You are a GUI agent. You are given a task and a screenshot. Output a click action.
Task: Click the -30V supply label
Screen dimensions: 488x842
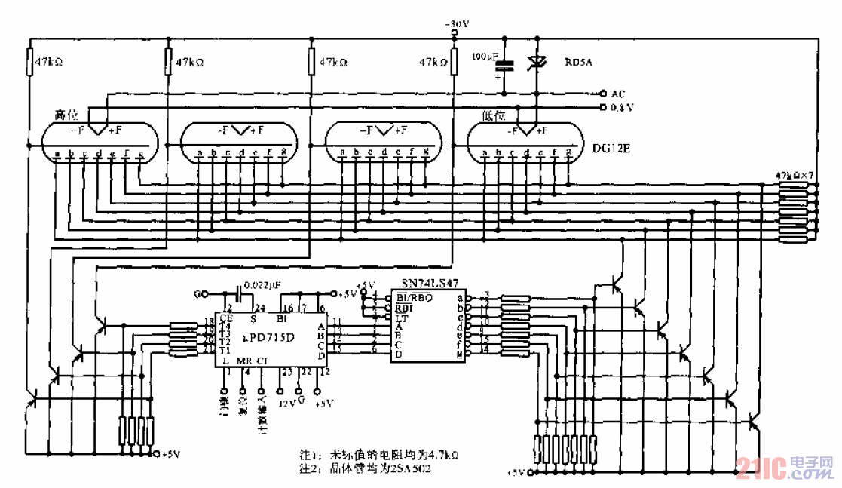(x=457, y=25)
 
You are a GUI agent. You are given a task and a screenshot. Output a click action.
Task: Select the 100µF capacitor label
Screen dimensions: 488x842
(x=484, y=56)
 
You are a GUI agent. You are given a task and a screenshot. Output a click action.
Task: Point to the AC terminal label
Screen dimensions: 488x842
(x=617, y=94)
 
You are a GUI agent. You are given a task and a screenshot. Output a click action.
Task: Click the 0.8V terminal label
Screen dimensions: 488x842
(x=622, y=108)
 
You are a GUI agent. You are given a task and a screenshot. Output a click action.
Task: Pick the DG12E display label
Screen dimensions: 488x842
(x=611, y=150)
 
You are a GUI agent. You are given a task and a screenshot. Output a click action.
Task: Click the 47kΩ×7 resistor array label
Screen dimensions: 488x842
(x=795, y=175)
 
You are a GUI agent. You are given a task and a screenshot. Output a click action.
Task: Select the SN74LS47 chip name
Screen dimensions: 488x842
(x=427, y=284)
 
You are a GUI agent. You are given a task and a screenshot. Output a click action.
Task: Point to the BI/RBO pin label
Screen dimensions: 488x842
(x=413, y=296)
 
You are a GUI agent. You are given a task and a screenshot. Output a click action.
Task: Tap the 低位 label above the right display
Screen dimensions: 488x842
(x=491, y=115)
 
